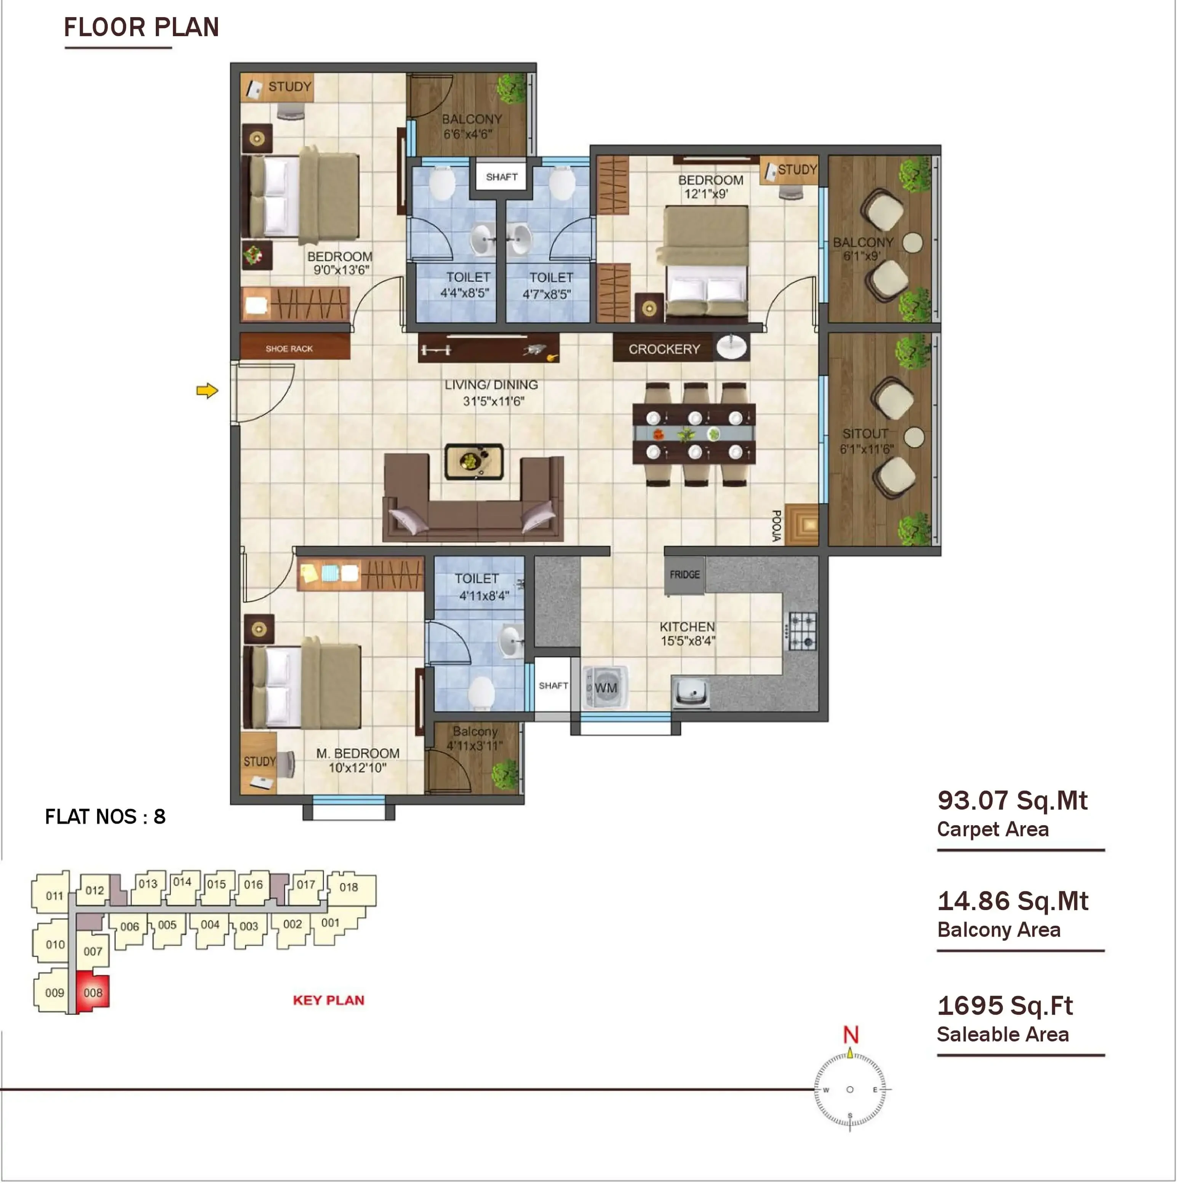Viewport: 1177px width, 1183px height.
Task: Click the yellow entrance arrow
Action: [x=207, y=391]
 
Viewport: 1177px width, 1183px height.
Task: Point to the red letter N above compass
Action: [x=851, y=1035]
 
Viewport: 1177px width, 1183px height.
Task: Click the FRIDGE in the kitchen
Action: [x=684, y=575]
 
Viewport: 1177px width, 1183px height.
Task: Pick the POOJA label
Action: [x=776, y=525]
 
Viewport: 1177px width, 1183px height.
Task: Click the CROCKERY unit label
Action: [x=664, y=349]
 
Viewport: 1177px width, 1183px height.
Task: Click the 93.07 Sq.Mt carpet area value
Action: [x=1012, y=800]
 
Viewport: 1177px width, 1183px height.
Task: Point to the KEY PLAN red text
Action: [x=328, y=1000]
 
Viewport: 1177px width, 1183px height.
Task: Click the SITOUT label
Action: [x=865, y=434]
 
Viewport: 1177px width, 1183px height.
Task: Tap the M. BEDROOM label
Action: [x=358, y=753]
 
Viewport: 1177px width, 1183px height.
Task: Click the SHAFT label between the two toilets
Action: [x=502, y=177]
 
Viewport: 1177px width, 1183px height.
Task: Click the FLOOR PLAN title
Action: [x=142, y=27]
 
